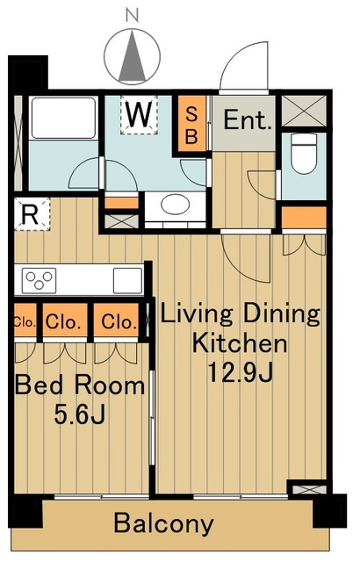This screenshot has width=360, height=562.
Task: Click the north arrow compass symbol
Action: pyautogui.click(x=133, y=56)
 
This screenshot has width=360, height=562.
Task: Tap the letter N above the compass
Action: pyautogui.click(x=133, y=15)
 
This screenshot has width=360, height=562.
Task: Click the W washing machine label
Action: pyautogui.click(x=139, y=115)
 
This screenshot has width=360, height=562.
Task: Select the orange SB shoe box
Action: pyautogui.click(x=191, y=123)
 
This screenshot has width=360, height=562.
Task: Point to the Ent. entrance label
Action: pyautogui.click(x=247, y=121)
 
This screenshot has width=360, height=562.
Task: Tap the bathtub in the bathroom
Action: pyautogui.click(x=63, y=118)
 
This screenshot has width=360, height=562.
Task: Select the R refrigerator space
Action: pyautogui.click(x=31, y=214)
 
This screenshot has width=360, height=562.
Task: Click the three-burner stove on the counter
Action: pyautogui.click(x=39, y=280)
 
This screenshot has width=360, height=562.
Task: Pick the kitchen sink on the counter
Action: pyautogui.click(x=128, y=281)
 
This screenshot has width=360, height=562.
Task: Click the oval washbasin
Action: pyautogui.click(x=175, y=205)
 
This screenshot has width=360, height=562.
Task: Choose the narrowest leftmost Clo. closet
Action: pyautogui.click(x=25, y=321)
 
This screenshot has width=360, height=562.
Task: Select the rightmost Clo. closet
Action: pyautogui.click(x=116, y=321)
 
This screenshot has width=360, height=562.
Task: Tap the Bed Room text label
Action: pyautogui.click(x=80, y=385)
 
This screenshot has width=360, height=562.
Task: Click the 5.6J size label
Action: pyautogui.click(x=79, y=414)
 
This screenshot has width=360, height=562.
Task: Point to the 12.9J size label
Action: pyautogui.click(x=241, y=372)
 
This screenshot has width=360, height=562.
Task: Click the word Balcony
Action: pyautogui.click(x=163, y=523)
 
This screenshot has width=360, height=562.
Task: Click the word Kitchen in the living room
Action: pyautogui.click(x=240, y=343)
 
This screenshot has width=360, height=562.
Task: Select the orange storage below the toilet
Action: pyautogui.click(x=304, y=217)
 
